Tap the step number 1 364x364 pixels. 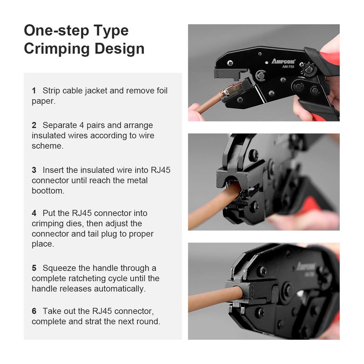click(x=34, y=91)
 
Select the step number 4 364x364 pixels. click(x=34, y=213)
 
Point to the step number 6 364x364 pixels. click(x=34, y=311)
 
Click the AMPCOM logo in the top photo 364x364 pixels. click(x=283, y=61)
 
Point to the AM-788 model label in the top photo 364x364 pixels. click(x=288, y=66)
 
